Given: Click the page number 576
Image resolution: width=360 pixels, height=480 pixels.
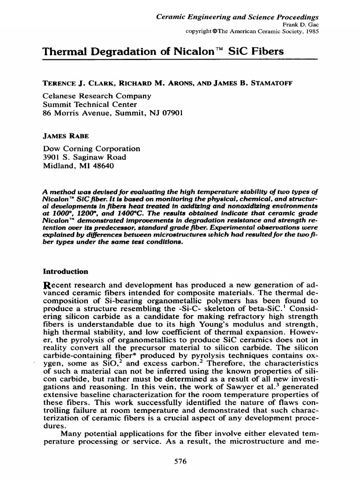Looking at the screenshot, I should pyautogui.click(x=180, y=461).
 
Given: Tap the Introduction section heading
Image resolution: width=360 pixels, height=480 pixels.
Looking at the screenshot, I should pyautogui.click(x=65, y=271).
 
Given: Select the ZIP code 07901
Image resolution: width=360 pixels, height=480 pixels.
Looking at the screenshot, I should pyautogui.click(x=172, y=113).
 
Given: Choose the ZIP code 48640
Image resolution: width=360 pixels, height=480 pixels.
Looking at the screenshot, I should pyautogui.click(x=102, y=166).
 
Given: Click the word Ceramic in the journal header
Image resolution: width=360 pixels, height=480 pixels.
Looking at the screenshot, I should pyautogui.click(x=170, y=16).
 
